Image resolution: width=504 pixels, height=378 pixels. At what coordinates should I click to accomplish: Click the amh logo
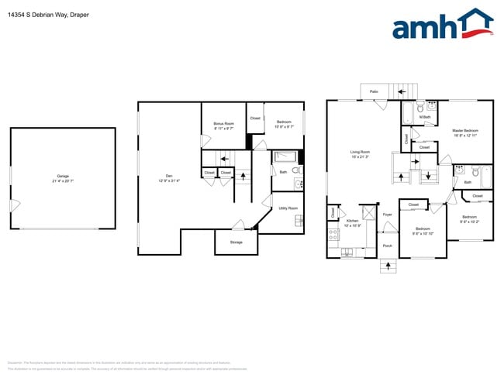pyautogui.click(x=442, y=25)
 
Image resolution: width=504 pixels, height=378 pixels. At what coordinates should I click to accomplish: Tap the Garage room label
pyautogui.click(x=63, y=176)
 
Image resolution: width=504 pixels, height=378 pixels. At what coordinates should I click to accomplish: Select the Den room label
pyautogui.click(x=168, y=176)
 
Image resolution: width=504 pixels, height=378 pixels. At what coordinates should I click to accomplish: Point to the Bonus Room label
pyautogui.click(x=223, y=124)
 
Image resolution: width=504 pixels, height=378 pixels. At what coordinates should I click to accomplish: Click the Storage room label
pyautogui.click(x=236, y=242)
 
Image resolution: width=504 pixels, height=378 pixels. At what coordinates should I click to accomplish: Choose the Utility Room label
pyautogui.click(x=288, y=208)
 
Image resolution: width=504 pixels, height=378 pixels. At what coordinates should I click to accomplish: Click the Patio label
pyautogui.click(x=374, y=92)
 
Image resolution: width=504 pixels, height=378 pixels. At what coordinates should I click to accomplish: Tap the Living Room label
pyautogui.click(x=359, y=153)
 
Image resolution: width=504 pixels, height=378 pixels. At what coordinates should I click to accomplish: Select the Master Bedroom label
pyautogui.click(x=464, y=130)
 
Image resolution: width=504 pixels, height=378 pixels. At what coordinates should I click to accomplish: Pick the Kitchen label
pyautogui.click(x=352, y=221)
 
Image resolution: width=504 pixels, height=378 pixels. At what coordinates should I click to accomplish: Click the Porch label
pyautogui.click(x=387, y=246)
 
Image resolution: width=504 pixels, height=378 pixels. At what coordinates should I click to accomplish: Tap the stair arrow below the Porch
pyautogui.click(x=388, y=266)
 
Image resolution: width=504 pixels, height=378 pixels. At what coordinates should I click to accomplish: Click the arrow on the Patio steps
pyautogui.click(x=402, y=91)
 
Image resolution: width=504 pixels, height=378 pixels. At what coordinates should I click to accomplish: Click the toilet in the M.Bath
pyautogui.click(x=419, y=108)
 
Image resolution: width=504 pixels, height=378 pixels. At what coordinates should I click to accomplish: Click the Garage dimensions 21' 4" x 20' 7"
pyautogui.click(x=63, y=180)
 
